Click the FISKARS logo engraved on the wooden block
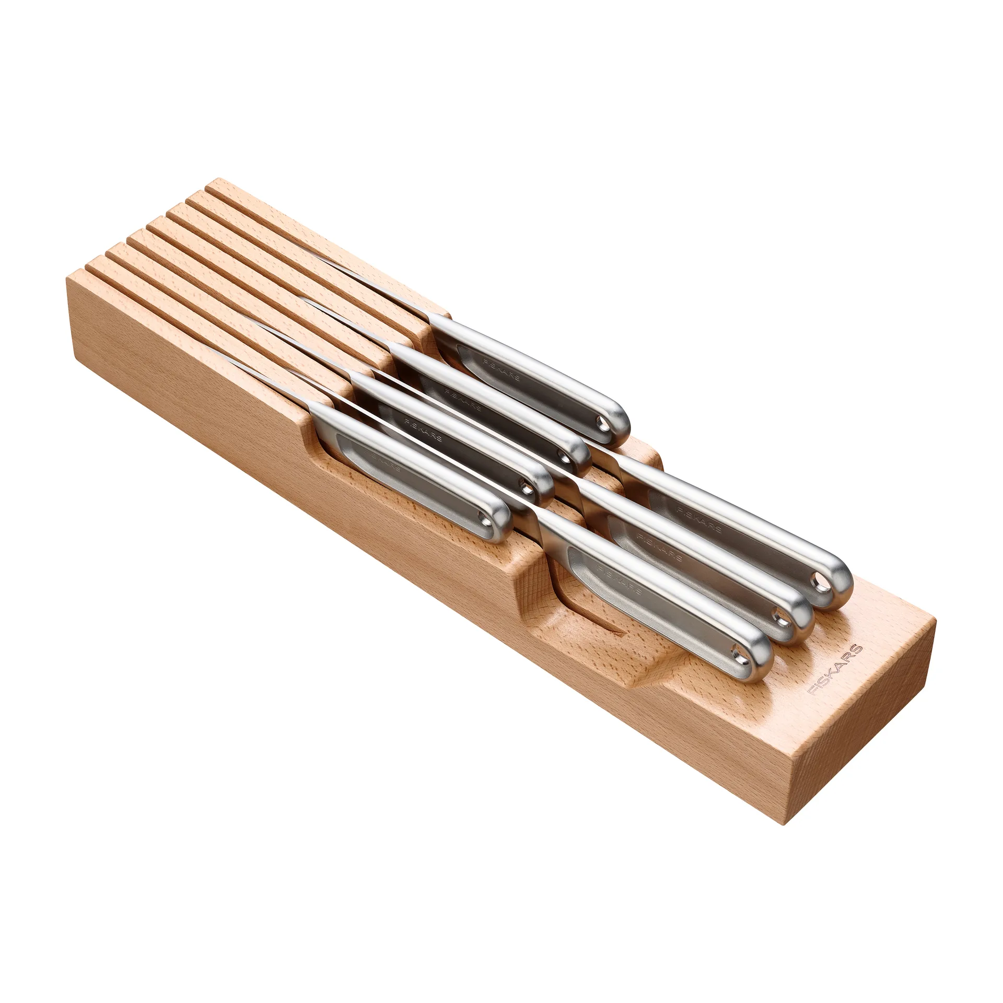(835, 669)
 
